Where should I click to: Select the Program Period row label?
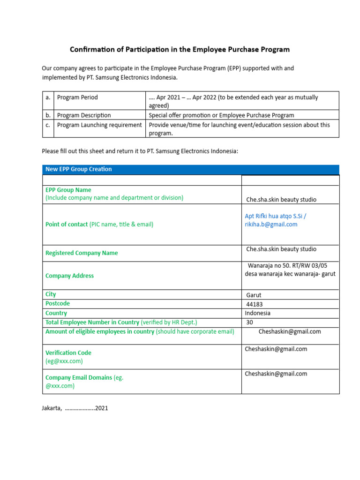coord(77,97)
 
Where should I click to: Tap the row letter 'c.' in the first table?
coord(48,125)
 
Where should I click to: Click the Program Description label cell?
coord(84,115)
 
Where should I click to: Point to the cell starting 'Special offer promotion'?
coord(221,115)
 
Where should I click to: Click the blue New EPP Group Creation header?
coord(78,169)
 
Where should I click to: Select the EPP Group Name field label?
coord(68,190)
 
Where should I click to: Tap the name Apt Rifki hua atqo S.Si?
coord(276,216)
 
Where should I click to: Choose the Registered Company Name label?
coord(82,253)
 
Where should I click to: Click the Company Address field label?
coord(69,276)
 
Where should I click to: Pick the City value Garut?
coord(254,295)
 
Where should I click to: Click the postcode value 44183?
coord(255,304)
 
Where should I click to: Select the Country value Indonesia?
coord(257,313)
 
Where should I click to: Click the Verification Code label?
coord(68,353)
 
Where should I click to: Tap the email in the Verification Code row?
coord(276,349)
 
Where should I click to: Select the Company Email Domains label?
coord(78,377)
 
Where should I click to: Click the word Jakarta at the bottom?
coord(52,408)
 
